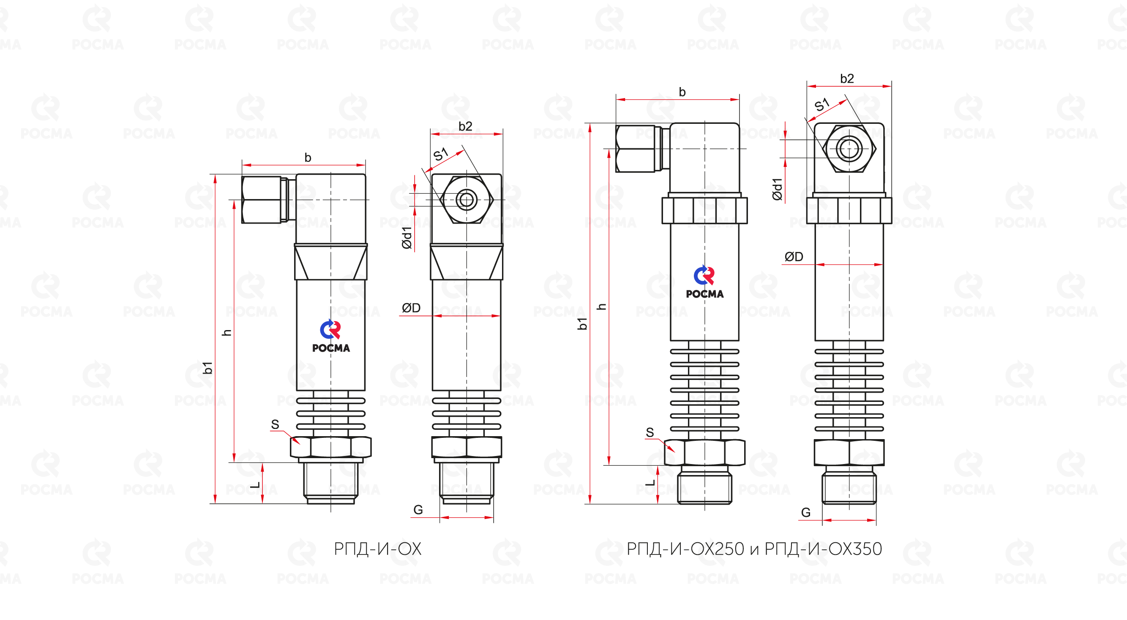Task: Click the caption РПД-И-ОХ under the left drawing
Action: (x=377, y=549)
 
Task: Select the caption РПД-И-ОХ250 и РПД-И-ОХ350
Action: (x=754, y=549)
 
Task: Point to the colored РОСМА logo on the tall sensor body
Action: (x=705, y=282)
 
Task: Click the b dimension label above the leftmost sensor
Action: (x=308, y=158)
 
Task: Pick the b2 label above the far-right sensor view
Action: (x=847, y=79)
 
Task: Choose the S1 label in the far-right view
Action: (x=821, y=104)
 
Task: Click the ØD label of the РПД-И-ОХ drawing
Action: (x=411, y=308)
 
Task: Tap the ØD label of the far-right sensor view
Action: (x=794, y=257)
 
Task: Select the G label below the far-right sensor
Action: (x=806, y=512)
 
